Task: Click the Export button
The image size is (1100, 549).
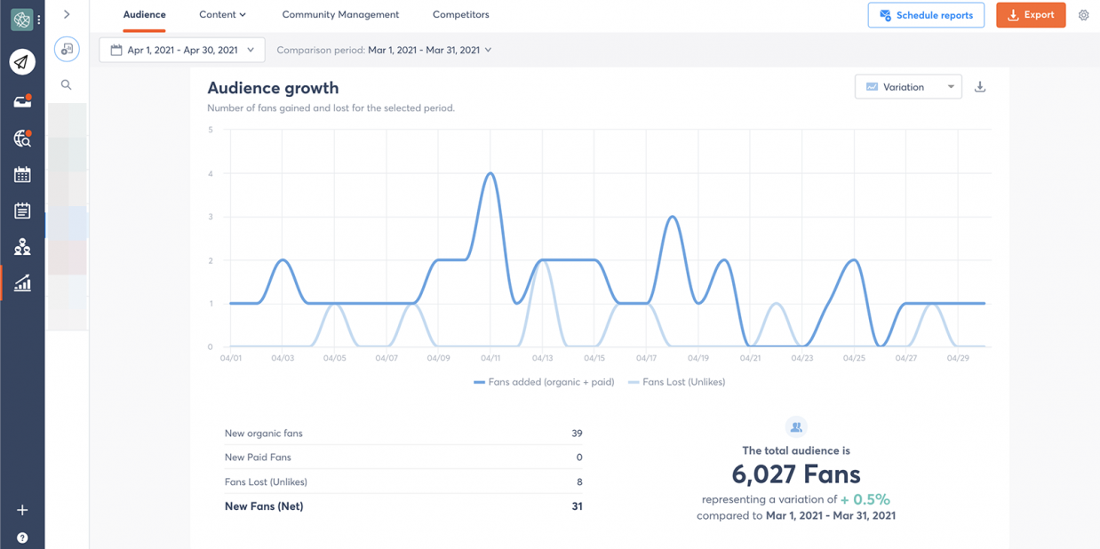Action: click(1031, 15)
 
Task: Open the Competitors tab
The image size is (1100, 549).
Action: click(460, 15)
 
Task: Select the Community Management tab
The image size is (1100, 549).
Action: click(340, 15)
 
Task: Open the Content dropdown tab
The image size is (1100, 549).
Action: click(222, 15)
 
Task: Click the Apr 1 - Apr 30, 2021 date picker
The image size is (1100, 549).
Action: click(182, 50)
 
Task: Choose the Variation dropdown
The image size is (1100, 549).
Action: click(908, 87)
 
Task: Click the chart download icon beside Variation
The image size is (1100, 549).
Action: click(980, 87)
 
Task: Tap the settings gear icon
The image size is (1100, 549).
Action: click(1083, 15)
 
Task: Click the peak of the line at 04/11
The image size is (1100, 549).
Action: click(490, 173)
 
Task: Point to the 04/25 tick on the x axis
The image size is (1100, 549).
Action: click(854, 358)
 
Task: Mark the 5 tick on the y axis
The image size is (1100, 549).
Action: click(211, 130)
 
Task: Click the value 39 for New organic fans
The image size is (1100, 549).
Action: click(577, 434)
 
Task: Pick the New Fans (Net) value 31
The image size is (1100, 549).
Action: click(577, 506)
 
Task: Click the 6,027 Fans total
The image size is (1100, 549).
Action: click(796, 474)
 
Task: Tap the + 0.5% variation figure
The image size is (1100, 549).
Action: click(865, 499)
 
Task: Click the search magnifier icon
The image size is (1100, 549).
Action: click(67, 85)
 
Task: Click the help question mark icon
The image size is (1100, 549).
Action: click(22, 537)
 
